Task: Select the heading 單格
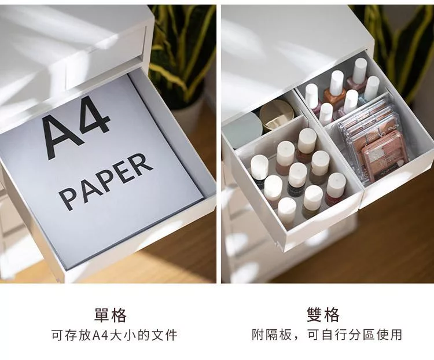click(x=111, y=315)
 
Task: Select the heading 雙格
click(x=323, y=315)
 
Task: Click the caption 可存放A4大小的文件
click(x=115, y=335)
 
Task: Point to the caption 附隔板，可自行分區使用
click(x=326, y=335)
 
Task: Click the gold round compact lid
click(x=276, y=115)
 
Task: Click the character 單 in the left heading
click(x=102, y=315)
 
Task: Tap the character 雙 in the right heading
click(x=315, y=315)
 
